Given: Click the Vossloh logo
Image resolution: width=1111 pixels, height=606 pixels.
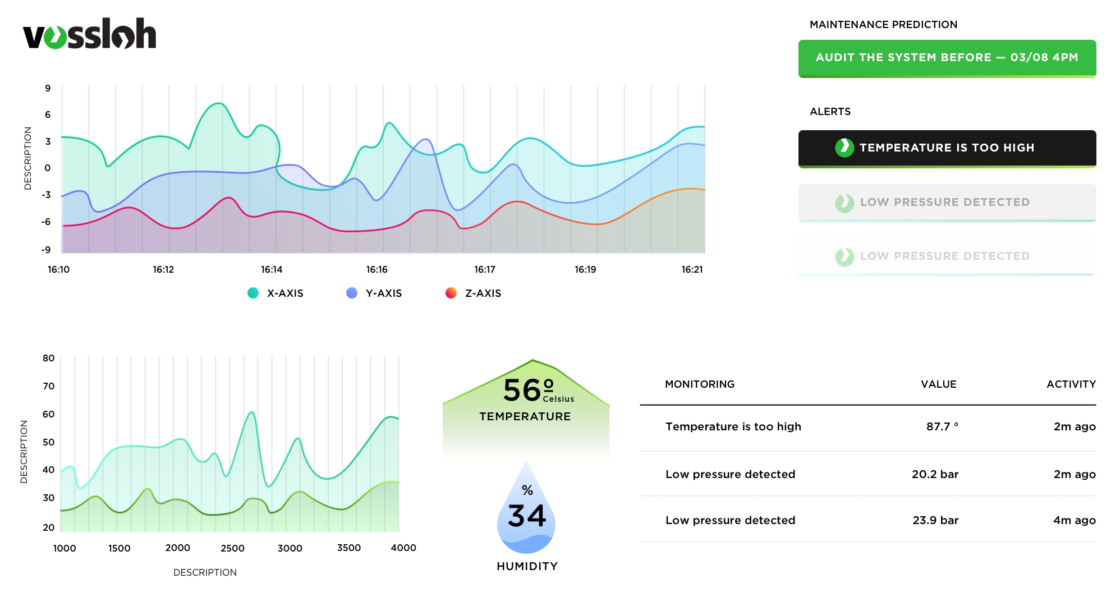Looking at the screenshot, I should (90, 34).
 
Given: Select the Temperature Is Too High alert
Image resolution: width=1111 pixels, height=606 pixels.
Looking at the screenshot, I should (947, 148).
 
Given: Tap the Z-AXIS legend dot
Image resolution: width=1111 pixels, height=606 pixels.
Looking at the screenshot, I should (451, 293).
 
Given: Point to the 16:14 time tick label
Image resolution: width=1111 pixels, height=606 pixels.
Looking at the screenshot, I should (272, 269).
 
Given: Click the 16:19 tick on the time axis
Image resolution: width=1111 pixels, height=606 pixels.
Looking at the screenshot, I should (585, 269).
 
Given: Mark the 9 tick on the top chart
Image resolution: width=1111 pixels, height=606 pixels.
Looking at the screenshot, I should (48, 88).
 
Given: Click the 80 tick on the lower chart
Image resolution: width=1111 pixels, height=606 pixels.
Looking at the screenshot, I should (49, 358).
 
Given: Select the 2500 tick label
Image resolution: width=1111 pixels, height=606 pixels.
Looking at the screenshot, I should (232, 548).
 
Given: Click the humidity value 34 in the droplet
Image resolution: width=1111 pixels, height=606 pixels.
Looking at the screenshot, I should (526, 516).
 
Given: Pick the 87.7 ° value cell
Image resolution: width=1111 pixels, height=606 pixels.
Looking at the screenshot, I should (942, 426).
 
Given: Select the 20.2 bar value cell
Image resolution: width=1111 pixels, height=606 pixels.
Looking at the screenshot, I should (935, 474).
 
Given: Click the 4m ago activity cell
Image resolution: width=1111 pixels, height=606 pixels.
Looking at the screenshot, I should (1074, 520).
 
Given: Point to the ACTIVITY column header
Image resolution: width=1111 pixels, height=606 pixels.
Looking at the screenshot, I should (1071, 384).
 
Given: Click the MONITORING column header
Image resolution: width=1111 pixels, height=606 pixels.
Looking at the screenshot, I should (700, 384).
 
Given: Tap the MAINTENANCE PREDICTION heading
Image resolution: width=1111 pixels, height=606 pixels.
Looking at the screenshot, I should (883, 25).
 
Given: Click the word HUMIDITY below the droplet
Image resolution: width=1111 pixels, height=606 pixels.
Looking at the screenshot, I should (527, 566).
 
